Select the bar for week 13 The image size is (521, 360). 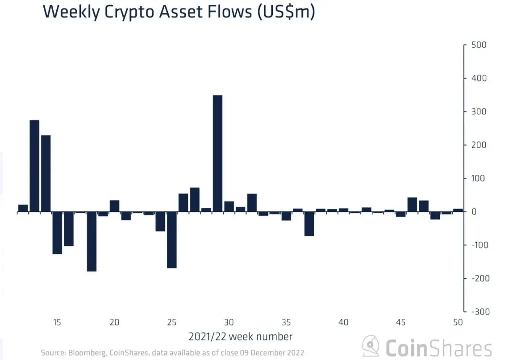pyautogui.click(x=34, y=166)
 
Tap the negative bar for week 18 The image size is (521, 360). pyautogui.click(x=92, y=241)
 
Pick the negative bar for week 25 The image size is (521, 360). pyautogui.click(x=172, y=240)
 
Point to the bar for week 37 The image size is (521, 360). pyautogui.click(x=309, y=223)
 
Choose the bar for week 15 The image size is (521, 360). pyautogui.click(x=57, y=232)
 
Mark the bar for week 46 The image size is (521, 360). pyautogui.click(x=412, y=204)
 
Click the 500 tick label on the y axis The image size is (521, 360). pyautogui.click(x=480, y=45)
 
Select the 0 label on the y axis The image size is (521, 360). pyautogui.click(x=475, y=211)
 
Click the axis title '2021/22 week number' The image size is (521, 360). pyautogui.click(x=240, y=336)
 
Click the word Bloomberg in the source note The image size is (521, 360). pyautogui.click(x=86, y=352)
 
